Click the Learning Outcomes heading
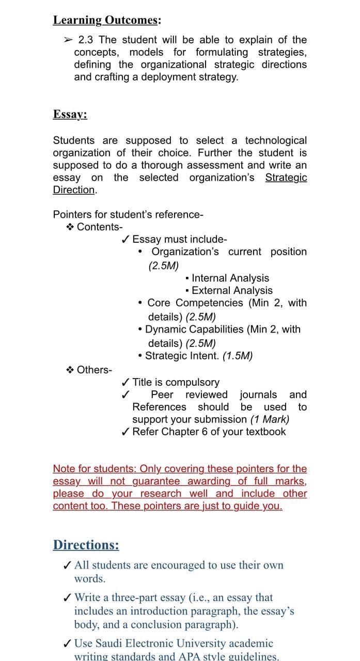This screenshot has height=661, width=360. [106, 20]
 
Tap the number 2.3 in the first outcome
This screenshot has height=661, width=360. [87, 40]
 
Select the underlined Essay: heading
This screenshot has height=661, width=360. [70, 114]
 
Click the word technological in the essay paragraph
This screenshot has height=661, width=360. [275, 140]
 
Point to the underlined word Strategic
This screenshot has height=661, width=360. [286, 178]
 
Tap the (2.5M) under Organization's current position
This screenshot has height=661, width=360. [163, 266]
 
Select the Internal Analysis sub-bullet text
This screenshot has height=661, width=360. [230, 278]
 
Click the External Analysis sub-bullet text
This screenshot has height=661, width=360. [232, 291]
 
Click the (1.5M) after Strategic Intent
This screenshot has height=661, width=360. [237, 356]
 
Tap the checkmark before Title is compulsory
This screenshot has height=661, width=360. [125, 383]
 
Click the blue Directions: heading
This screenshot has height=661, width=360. [86, 545]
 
